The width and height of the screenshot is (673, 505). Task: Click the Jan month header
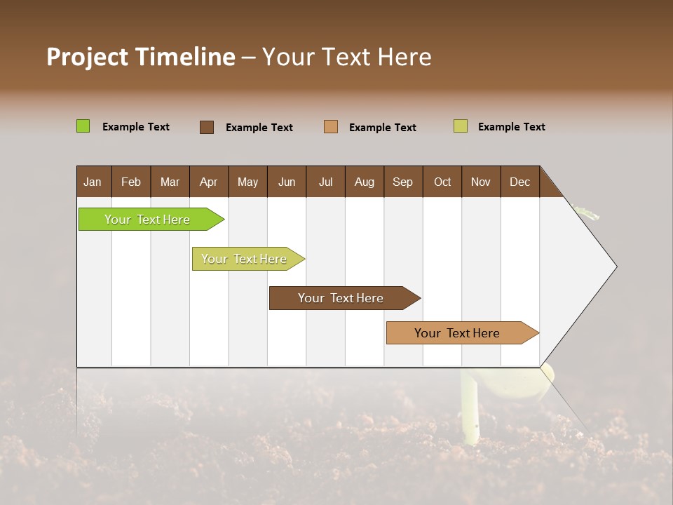(93, 182)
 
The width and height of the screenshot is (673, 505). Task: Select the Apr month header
(209, 182)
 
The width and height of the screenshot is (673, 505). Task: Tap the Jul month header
(325, 182)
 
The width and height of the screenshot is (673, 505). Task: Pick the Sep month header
(403, 182)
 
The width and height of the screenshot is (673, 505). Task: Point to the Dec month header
(519, 182)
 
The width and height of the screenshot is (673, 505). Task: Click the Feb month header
(131, 182)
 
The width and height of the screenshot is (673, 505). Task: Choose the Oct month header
(442, 182)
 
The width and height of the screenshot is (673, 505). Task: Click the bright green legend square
(83, 126)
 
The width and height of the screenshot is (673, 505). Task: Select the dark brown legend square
(207, 127)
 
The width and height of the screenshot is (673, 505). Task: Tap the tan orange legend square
(331, 127)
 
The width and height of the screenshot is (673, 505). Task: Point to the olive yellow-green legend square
(461, 126)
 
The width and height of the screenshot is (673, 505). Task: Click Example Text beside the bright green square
(136, 127)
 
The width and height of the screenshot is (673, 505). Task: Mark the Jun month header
(287, 182)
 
